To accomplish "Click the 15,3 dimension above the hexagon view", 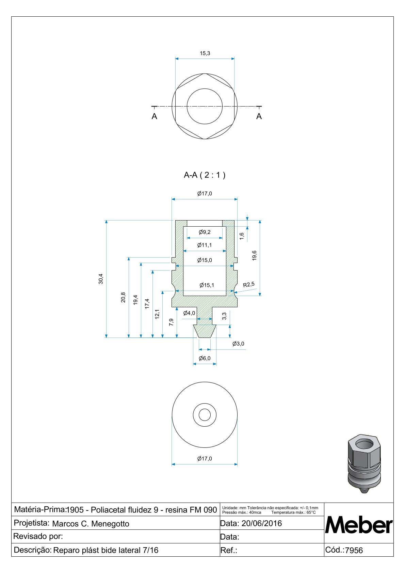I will (205, 53).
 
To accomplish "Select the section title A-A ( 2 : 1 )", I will (205, 175).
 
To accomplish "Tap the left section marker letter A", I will (154, 116).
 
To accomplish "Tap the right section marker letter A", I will (259, 116).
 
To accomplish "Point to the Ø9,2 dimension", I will (205, 232).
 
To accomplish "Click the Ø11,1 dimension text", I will (205, 245).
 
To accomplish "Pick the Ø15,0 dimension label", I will (205, 260).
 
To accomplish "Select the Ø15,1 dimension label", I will (207, 285).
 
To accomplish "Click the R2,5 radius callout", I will (249, 284).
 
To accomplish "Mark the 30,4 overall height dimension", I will (101, 279).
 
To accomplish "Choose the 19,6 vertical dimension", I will (255, 256).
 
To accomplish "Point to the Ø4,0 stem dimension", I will (189, 313).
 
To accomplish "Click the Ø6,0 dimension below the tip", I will (205, 358).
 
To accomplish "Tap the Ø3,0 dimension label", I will (238, 344).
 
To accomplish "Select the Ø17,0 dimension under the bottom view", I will (205, 459).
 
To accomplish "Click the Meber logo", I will (359, 525).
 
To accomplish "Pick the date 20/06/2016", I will (261, 523).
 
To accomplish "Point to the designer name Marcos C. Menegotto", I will (91, 524).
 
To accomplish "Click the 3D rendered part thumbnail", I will (364, 463).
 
